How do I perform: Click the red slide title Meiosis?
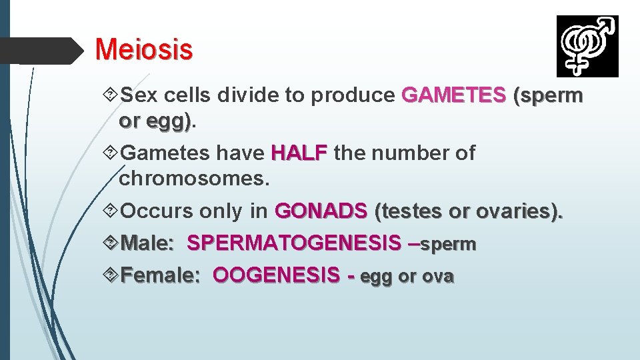coord(144,49)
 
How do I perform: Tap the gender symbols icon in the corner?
coord(587,46)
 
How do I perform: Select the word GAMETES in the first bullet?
coord(453,96)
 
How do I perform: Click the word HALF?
coord(299,153)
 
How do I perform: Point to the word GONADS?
coord(321,211)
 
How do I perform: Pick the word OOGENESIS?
coord(276,276)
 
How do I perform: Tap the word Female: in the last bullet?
coord(160,276)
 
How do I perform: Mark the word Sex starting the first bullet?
coord(139,96)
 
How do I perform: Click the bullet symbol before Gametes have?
coord(111,153)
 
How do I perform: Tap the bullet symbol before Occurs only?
coord(111,211)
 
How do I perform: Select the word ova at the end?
coord(437,277)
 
